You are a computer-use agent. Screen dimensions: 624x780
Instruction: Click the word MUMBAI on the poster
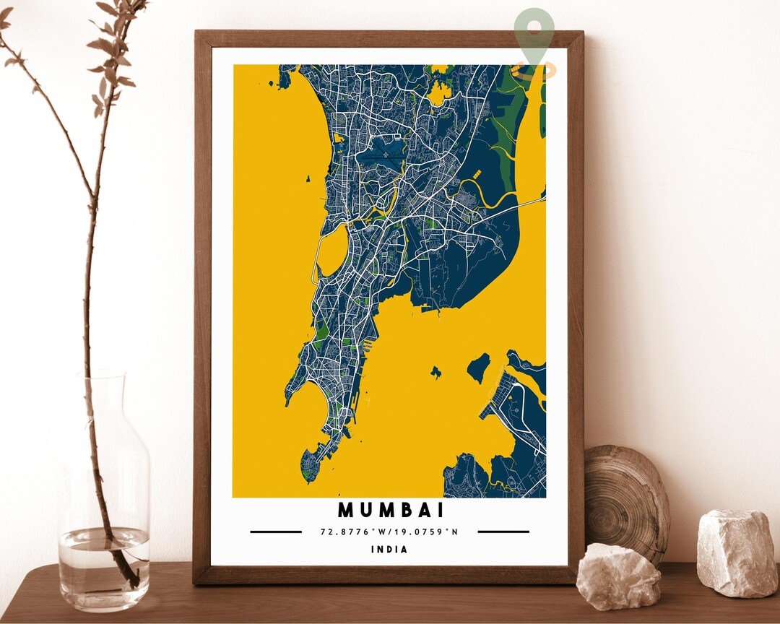[x=391, y=510]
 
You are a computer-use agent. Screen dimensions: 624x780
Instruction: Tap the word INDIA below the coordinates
[x=389, y=550]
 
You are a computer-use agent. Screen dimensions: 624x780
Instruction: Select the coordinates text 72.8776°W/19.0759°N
[x=389, y=532]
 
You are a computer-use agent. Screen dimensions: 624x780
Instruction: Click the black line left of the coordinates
[x=276, y=532]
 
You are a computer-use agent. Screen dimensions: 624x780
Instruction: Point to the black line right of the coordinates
[x=503, y=532]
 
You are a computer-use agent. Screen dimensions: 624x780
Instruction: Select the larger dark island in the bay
[x=477, y=367]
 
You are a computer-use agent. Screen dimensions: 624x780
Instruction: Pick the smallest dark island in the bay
[x=435, y=372]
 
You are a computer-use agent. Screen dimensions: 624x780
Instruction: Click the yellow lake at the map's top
[x=438, y=93]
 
